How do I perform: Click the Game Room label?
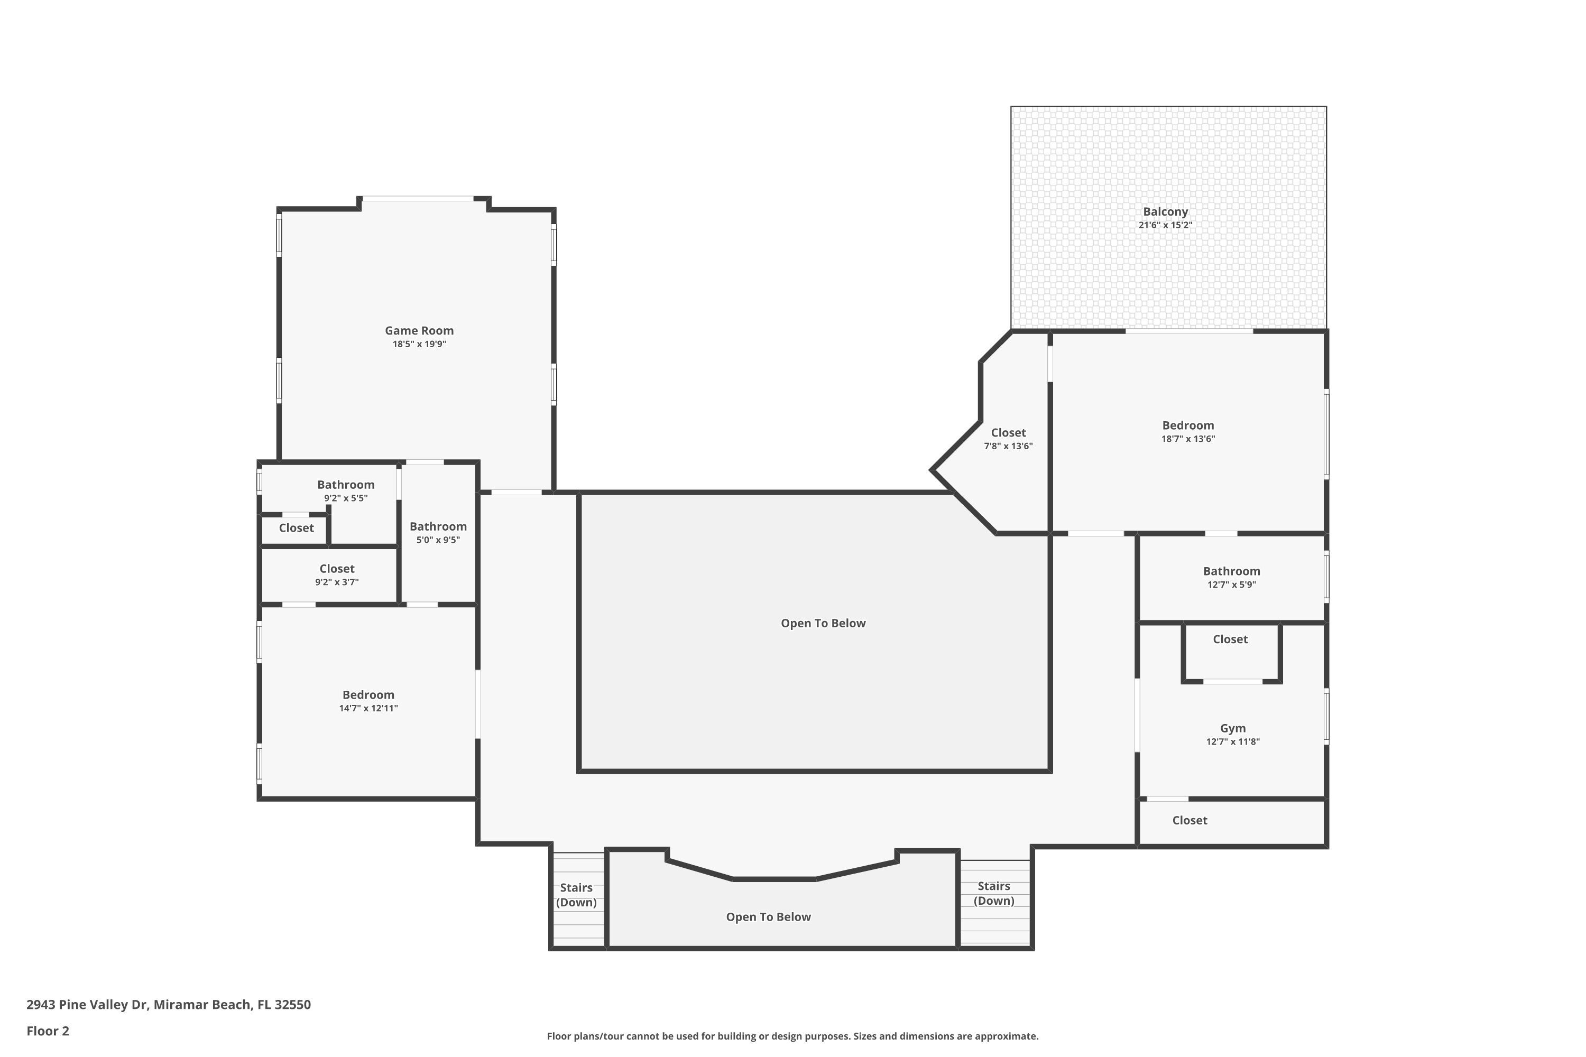[x=419, y=330]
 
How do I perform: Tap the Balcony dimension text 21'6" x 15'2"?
[x=1165, y=225]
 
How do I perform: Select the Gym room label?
[x=1233, y=728]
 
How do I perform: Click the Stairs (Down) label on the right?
[x=993, y=893]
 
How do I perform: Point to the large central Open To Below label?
[x=823, y=623]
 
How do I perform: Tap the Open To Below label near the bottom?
[x=768, y=917]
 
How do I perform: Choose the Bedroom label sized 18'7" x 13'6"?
[x=1187, y=425]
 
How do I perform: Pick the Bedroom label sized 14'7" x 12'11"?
[x=368, y=694]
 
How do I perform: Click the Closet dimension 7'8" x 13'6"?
[x=1008, y=446]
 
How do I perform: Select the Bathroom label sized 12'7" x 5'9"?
[x=1231, y=571]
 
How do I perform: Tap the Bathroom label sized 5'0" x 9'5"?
[x=438, y=526]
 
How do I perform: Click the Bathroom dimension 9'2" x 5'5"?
[x=345, y=498]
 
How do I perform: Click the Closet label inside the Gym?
[x=1230, y=639]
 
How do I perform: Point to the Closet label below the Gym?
[x=1189, y=820]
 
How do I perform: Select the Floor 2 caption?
[x=48, y=1031]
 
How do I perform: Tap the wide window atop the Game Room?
[x=418, y=198]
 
